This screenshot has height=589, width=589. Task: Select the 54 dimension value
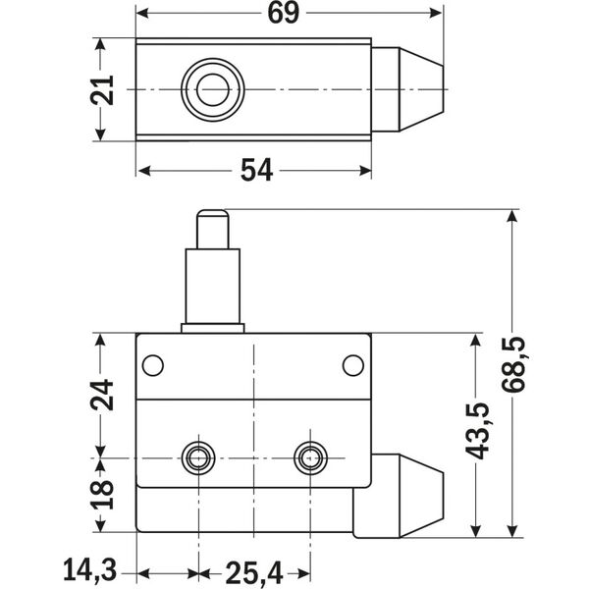(256, 171)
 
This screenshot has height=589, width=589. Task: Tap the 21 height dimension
(110, 90)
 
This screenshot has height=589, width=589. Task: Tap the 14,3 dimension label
(90, 569)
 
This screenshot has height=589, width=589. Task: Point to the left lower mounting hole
(198, 455)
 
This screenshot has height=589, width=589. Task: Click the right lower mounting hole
(311, 455)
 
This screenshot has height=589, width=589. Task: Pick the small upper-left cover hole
(151, 365)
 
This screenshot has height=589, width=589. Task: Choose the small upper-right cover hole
(352, 365)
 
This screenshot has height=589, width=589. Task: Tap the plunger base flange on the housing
(212, 327)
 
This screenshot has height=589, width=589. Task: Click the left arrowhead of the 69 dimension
(143, 13)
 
